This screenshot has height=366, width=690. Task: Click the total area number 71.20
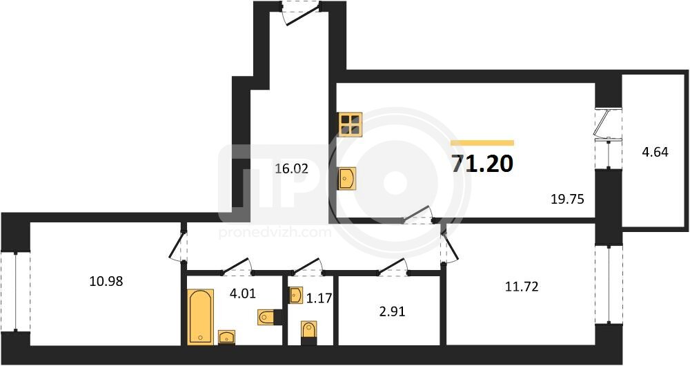pos(482,164)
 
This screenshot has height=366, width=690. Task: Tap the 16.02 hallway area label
pos(291,168)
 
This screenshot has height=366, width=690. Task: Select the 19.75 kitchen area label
pos(567,199)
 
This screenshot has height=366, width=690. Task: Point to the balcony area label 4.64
pos(655,152)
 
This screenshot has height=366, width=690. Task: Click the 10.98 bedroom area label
pos(106,280)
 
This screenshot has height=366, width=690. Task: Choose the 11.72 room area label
pos(522,287)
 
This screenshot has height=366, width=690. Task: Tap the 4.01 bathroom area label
pos(242,293)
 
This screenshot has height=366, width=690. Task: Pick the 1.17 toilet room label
pos(319,298)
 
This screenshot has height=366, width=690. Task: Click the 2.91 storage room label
pos(392,311)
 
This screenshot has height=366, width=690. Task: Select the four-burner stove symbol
pos(351,124)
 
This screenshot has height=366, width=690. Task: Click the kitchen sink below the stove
pos(347,178)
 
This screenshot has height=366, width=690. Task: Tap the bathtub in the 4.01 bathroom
pos(201,316)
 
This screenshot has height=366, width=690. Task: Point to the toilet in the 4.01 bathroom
pos(270,317)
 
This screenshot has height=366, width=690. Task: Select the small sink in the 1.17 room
pos(296,295)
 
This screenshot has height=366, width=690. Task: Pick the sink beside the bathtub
pos(226,338)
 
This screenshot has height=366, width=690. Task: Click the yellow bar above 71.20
pos(482,143)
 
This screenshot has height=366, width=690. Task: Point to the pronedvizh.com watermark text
pos(275,232)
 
